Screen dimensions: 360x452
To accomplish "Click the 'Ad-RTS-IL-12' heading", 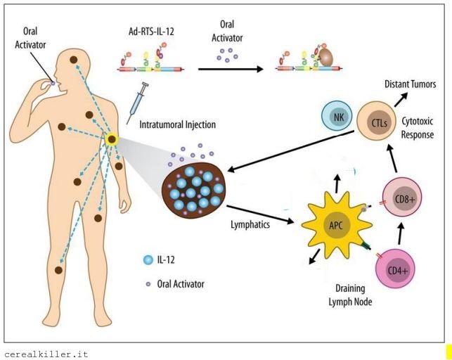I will [x=146, y=32].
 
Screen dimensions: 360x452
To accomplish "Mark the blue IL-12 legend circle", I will [x=148, y=260].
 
